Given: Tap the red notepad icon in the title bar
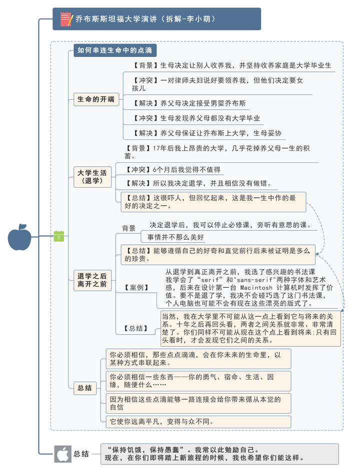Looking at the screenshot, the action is pos(66,19).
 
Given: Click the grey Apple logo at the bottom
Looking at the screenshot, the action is pos(62,454).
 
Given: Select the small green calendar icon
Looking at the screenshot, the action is pos(59,237).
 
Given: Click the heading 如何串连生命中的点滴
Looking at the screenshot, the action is pos(115,50).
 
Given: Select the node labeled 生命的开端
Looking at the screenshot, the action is pos(95,99).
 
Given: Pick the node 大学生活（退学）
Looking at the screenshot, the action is pos(92,177).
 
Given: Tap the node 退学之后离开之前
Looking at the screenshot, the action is pos(92,280).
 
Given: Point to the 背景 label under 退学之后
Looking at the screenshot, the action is pos(128,228).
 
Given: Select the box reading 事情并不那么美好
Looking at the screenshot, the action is pos(172,237).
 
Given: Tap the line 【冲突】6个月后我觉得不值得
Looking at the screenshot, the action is pos(172,170).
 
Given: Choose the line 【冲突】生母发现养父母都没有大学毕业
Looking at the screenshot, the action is pos(196,118).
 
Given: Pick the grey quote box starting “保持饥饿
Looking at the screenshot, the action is pos(219,454).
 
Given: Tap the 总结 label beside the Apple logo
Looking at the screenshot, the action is pos(81,454).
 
